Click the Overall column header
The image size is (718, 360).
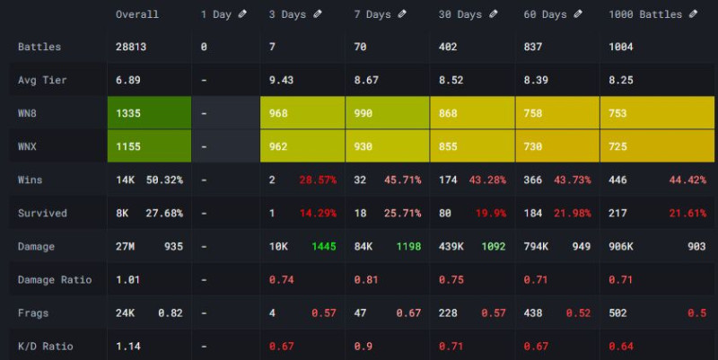[137, 14]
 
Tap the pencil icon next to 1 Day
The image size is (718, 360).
[242, 14]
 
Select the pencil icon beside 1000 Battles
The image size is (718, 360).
[690, 14]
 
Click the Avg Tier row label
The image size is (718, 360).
[42, 80]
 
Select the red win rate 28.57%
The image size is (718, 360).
[319, 180]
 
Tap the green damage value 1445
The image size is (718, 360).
[323, 246]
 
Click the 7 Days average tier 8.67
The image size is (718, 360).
[365, 80]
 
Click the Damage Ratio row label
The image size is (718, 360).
[55, 279]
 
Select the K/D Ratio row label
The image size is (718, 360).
[46, 346]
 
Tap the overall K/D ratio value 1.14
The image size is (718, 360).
[128, 346]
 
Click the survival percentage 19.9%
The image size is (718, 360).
[489, 213]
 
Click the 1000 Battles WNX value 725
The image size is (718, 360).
[619, 146]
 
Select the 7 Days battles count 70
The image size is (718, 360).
[360, 47]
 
